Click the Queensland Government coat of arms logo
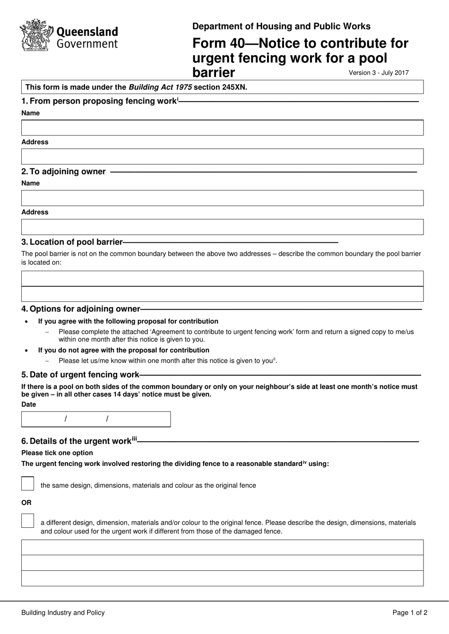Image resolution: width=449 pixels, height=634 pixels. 36,35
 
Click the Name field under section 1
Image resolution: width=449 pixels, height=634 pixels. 222,128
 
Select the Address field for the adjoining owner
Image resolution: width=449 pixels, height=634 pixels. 222,227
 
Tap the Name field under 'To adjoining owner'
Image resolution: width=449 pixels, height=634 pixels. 222,198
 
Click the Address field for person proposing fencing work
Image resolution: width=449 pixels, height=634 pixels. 222,156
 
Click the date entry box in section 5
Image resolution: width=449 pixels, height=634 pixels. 96,419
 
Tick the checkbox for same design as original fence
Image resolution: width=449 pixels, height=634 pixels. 28,484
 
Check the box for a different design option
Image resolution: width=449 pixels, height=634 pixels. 28,521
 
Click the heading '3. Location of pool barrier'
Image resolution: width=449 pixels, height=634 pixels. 72,242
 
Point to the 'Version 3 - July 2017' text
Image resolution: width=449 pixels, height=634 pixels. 379,73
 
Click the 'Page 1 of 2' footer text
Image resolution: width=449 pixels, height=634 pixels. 410,613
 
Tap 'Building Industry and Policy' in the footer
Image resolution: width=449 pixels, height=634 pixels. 63,613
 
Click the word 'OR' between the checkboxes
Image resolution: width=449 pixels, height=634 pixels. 26,503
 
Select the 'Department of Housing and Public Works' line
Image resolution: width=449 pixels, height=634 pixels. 281,26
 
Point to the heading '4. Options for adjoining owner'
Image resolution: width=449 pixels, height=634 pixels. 81,309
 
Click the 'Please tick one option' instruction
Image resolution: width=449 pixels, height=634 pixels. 57,453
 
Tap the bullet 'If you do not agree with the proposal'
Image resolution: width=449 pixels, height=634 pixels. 123,350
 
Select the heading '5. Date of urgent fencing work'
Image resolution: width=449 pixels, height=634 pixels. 80,375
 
